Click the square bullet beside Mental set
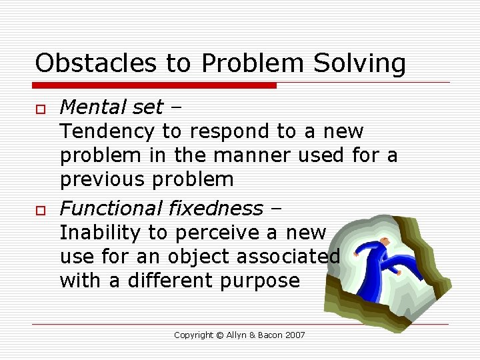coord(39,109)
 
